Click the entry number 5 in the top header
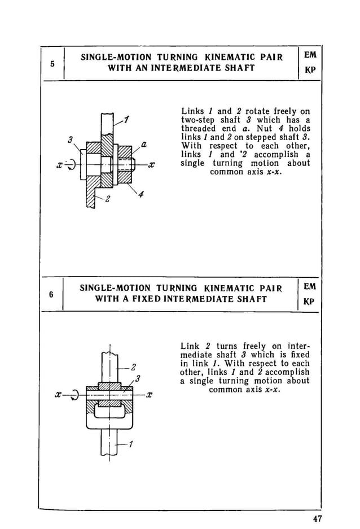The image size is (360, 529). (x=52, y=63)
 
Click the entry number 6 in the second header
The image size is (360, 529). (x=51, y=294)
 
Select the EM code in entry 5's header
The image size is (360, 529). (x=310, y=55)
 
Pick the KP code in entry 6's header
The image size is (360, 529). (x=309, y=301)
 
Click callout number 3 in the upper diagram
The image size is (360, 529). (x=69, y=140)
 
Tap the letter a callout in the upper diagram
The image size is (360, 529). (x=144, y=145)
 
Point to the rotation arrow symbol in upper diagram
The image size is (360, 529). (x=70, y=165)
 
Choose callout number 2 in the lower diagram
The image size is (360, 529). (x=134, y=368)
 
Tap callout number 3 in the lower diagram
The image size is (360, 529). (x=138, y=378)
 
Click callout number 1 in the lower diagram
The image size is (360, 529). (x=131, y=444)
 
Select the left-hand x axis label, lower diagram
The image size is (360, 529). (x=58, y=395)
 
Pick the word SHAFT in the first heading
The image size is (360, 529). (x=237, y=68)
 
